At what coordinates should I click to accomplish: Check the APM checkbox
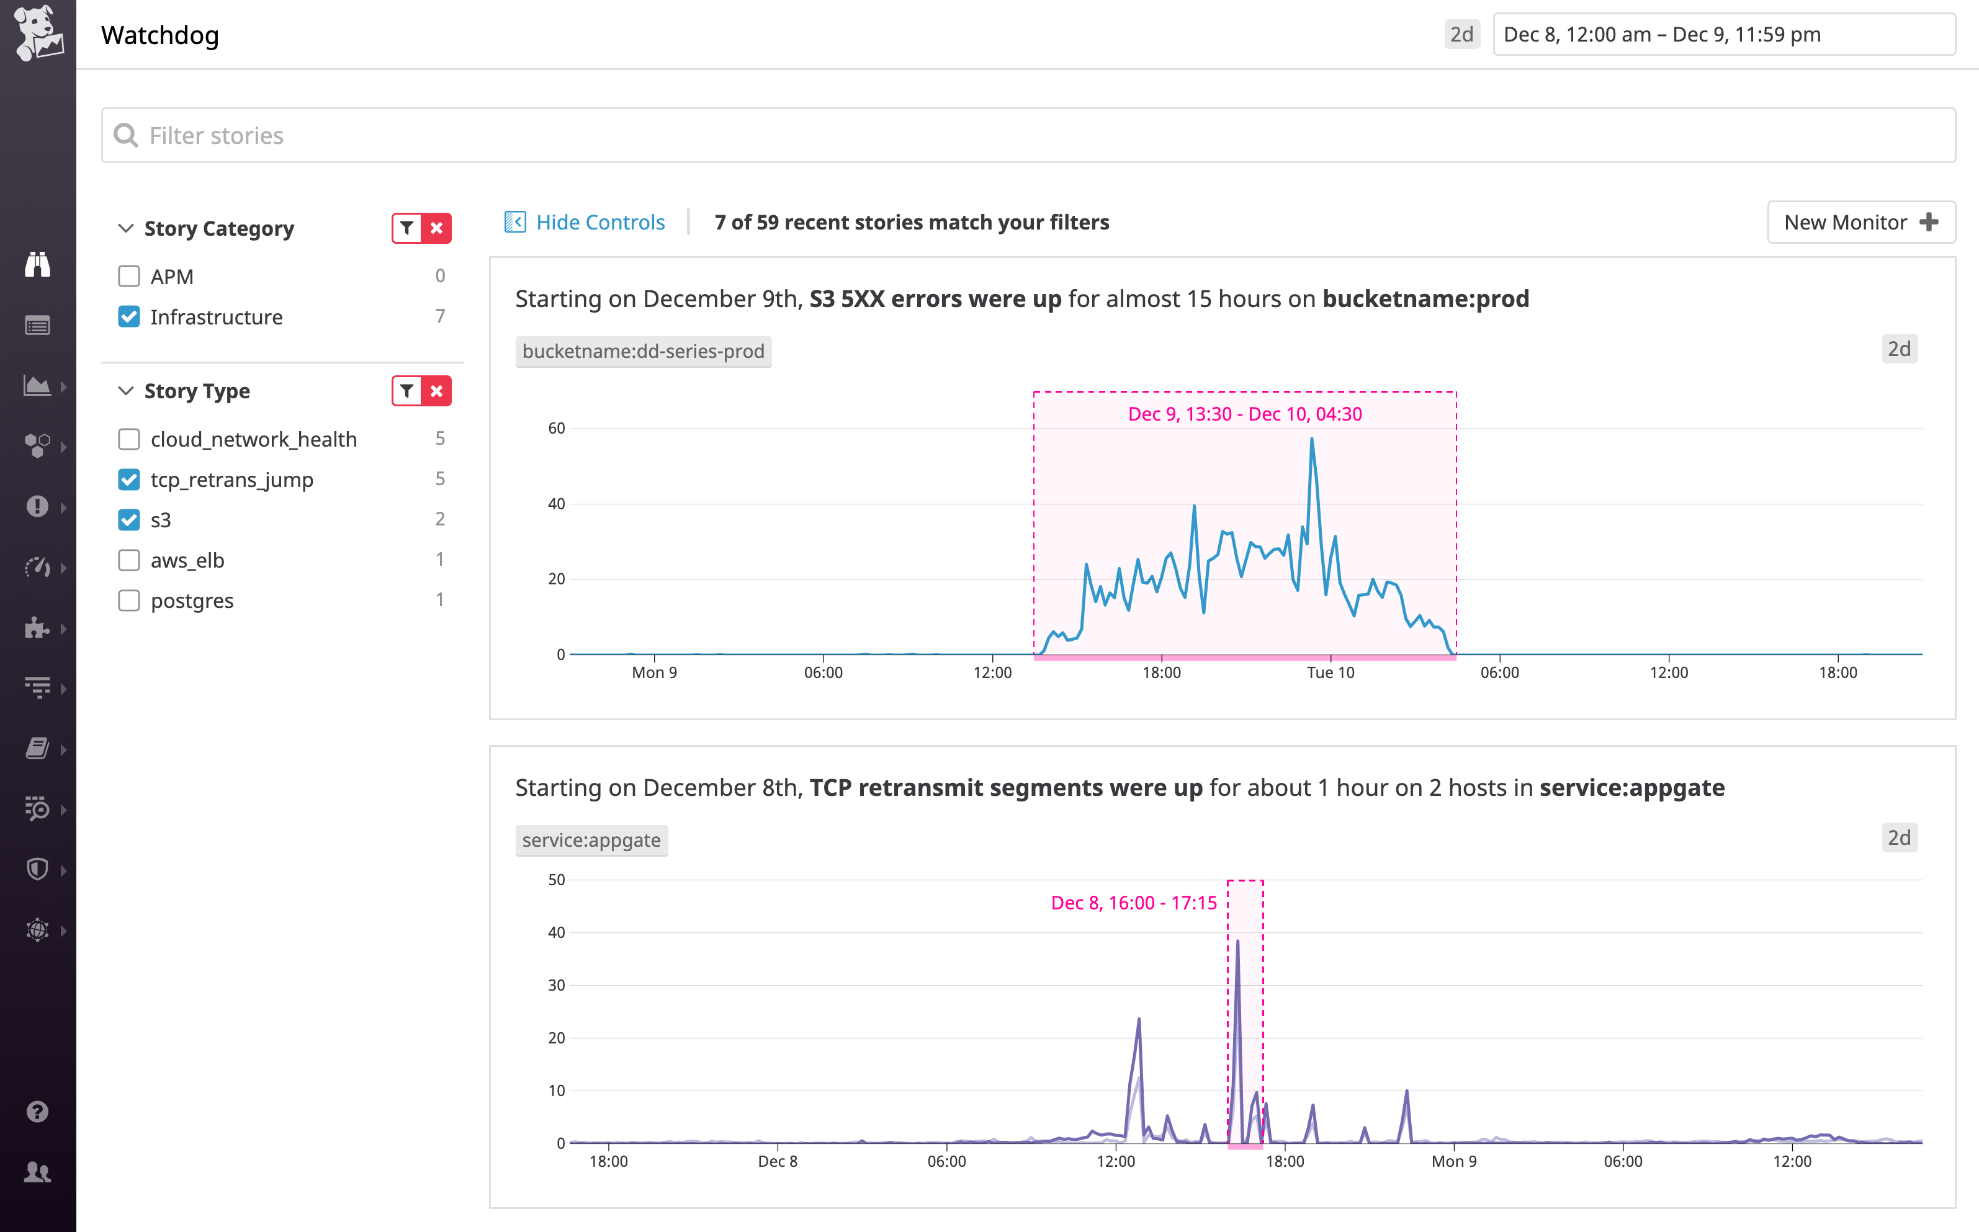(x=129, y=276)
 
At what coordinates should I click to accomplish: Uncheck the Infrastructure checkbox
(x=129, y=317)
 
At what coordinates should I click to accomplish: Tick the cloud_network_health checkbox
(x=129, y=439)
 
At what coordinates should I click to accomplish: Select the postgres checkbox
(x=129, y=600)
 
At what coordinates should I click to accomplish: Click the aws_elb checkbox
(x=129, y=561)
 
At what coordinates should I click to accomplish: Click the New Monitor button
(x=1860, y=223)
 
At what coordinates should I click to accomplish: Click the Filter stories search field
(x=1027, y=135)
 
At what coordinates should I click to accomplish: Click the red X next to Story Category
(x=437, y=228)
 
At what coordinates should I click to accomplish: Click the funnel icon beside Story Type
(x=406, y=391)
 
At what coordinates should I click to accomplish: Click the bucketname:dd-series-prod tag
(x=643, y=351)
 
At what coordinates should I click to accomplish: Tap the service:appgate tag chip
(x=591, y=840)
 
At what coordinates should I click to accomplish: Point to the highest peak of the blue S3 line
(x=1311, y=440)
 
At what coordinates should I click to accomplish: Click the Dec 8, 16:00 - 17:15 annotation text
(x=1133, y=903)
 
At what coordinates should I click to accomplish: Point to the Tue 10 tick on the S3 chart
(x=1331, y=672)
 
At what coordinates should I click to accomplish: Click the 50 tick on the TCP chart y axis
(x=557, y=880)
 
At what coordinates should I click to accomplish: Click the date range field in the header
(x=1723, y=34)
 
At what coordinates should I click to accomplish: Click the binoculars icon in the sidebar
(x=37, y=265)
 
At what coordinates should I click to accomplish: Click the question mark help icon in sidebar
(x=37, y=1112)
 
